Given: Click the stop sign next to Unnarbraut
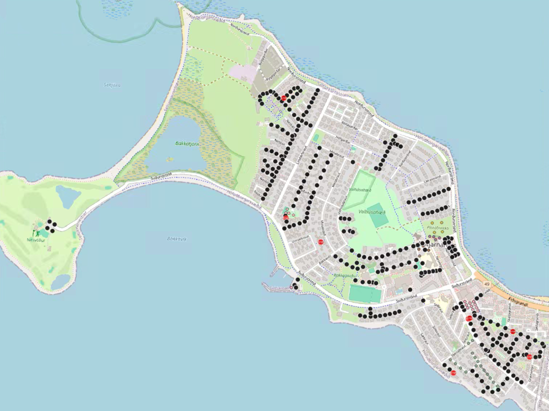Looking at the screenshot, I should [320, 242].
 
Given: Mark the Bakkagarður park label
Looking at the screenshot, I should [347, 275].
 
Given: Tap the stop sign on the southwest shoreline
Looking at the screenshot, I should [453, 373].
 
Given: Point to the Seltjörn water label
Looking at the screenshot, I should [112, 85].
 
